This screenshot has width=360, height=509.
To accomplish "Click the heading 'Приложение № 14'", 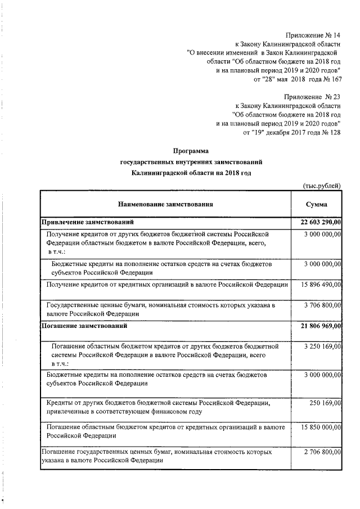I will point(313,35).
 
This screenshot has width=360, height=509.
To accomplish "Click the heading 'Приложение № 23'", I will point(313,97).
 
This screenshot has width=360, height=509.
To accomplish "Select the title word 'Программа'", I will point(191,151).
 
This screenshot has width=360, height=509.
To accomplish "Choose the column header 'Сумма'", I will point(316,205).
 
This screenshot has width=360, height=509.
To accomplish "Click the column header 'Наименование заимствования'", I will point(166,205).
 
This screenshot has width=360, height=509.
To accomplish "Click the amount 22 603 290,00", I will point(317,223).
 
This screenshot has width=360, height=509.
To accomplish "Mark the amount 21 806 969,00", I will point(317,326).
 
